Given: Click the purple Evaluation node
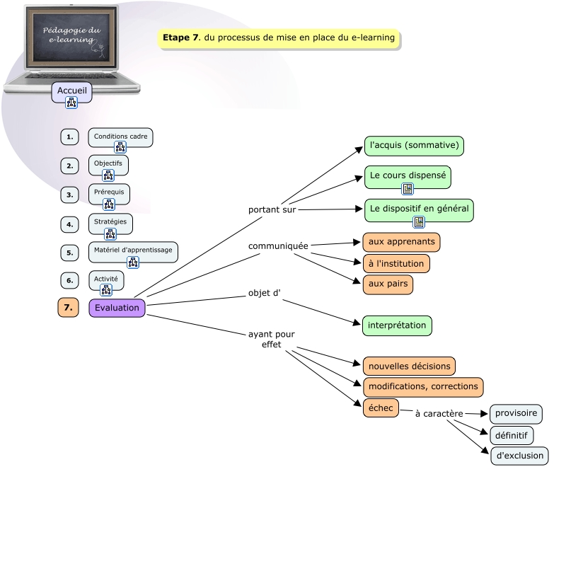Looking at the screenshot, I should pos(117,308).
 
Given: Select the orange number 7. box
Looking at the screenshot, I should pos(68,308).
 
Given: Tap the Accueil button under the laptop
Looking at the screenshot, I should pos(71,91).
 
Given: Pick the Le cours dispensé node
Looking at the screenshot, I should pos(408,174).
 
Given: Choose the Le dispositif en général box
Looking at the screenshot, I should pos(419,209).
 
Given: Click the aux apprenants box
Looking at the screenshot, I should pos(401,242).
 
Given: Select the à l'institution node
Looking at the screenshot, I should pos(396,263).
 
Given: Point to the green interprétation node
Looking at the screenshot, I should pos(397,325).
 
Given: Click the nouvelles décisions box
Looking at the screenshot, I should pos(409,366).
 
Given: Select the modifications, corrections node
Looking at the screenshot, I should pos(423,387).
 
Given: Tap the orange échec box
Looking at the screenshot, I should pos(381,408).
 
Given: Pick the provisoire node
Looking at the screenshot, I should pos(516,413).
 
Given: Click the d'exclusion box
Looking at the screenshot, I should pos(519,456).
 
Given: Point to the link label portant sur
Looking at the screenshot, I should pos(272,210).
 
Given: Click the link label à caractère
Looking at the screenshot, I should pos(439,413).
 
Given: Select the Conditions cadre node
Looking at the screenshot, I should pos(120,136).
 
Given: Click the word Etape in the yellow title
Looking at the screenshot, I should pos(177,38).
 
